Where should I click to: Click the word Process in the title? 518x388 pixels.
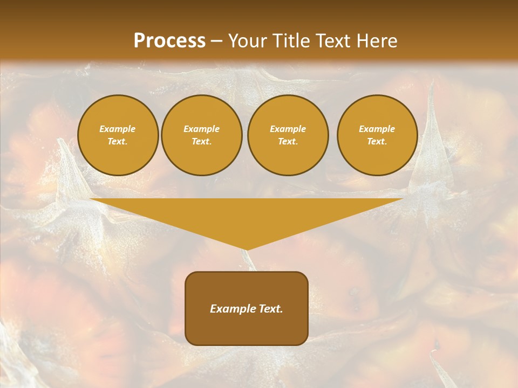click(169, 41)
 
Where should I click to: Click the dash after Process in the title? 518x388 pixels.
click(216, 41)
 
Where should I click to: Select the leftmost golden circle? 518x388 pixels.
click(118, 135)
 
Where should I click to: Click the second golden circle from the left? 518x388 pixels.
click(202, 135)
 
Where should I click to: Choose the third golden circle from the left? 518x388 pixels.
click(288, 135)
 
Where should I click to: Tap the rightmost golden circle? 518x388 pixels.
click(377, 135)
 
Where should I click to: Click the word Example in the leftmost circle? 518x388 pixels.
click(118, 129)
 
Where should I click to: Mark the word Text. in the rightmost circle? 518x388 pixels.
click(377, 142)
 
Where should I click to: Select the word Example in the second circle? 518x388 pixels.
click(202, 129)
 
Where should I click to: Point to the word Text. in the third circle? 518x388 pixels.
click(288, 142)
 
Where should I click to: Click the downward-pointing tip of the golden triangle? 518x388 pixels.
click(247, 248)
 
